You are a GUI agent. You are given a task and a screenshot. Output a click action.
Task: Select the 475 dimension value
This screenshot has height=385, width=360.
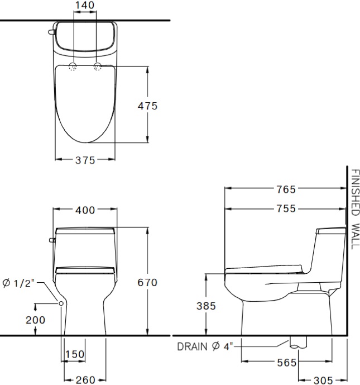[x=147, y=106]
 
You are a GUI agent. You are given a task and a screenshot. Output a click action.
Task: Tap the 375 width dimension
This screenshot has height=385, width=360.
[x=85, y=160]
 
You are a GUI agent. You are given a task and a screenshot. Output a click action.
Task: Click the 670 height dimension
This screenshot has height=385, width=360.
[x=147, y=283]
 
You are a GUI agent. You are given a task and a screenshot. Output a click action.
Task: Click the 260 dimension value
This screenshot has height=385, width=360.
[x=85, y=380]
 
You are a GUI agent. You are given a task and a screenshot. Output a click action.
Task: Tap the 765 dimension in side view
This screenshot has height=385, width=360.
[x=286, y=189]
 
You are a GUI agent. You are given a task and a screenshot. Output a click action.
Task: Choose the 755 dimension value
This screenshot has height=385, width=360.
[x=286, y=209]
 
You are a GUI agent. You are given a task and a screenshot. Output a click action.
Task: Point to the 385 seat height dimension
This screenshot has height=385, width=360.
[x=207, y=306]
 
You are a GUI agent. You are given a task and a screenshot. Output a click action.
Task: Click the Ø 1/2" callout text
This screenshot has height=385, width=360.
[x=18, y=283]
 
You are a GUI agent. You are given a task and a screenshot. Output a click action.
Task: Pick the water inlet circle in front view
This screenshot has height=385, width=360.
[x=60, y=302]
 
